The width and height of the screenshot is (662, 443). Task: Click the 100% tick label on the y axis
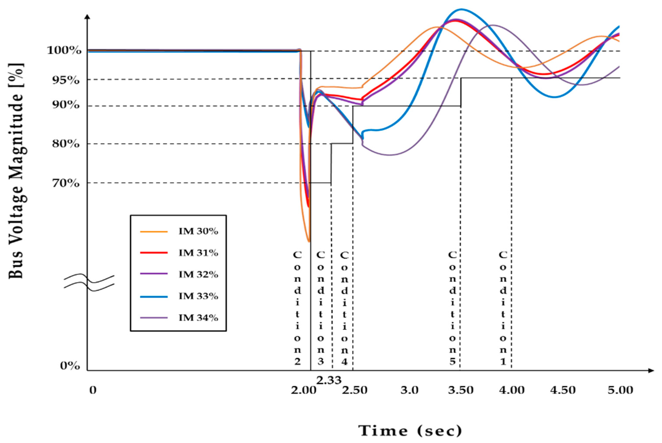pos(64,51)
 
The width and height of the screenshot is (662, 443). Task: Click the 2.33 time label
pos(328,380)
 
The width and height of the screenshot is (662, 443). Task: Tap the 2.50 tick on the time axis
pos(355,390)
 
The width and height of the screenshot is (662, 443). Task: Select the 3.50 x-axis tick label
pos(461,390)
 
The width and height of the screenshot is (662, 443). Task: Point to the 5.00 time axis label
pos(620,390)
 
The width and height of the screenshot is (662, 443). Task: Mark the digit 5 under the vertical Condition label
pos(452,362)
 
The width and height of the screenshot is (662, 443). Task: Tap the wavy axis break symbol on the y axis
pos(89,283)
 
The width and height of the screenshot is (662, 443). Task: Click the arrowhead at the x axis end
pos(651,370)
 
